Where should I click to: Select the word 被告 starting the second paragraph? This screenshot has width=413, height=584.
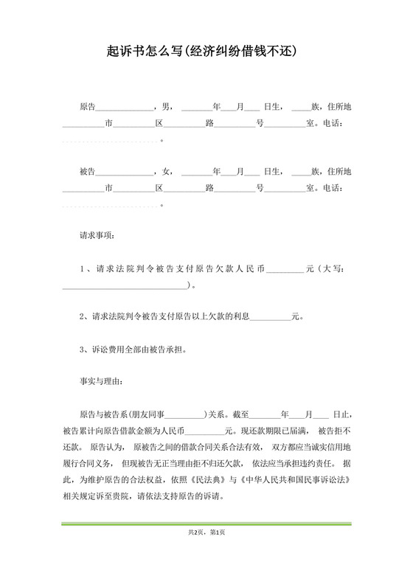(87, 172)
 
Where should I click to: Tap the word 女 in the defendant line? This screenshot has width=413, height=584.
(164, 172)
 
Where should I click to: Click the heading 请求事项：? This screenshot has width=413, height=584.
(97, 237)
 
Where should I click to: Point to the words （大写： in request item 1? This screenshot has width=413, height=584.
(330, 269)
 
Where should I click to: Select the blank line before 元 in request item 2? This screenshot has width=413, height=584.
(271, 318)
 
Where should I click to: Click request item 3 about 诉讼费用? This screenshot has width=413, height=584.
(133, 349)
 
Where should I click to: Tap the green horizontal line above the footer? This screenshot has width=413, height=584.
(206, 523)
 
